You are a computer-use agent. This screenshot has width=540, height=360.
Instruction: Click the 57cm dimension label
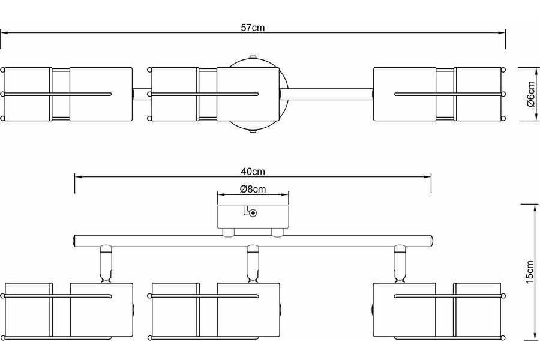click(x=253, y=27)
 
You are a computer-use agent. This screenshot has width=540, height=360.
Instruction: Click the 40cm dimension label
click(x=253, y=171)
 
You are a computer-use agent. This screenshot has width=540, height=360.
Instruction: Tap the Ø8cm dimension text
click(x=253, y=189)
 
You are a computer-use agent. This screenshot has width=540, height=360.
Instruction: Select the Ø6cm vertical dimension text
click(x=530, y=94)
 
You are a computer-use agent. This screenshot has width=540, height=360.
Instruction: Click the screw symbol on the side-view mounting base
click(x=253, y=212)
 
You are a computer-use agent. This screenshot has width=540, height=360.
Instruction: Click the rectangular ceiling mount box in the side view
click(x=253, y=217)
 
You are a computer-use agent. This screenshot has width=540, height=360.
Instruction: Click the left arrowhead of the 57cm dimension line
click(x=4, y=34)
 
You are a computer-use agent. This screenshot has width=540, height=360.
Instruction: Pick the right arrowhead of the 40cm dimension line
click(x=428, y=176)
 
